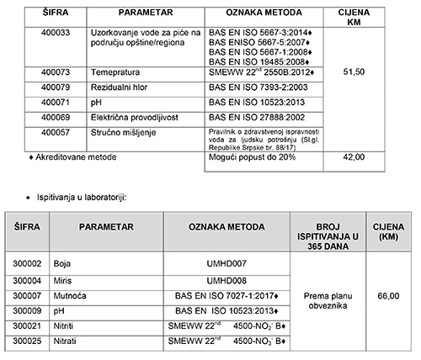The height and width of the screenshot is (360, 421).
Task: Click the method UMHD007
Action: pyautogui.click(x=226, y=264)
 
